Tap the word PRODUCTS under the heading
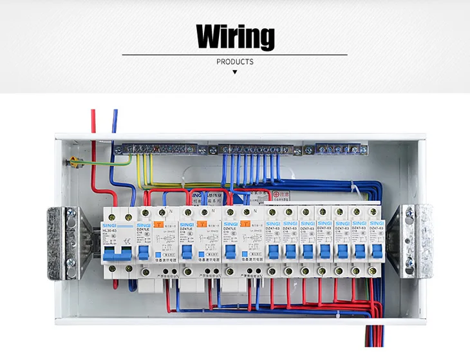234,62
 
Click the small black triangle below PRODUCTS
234,71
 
